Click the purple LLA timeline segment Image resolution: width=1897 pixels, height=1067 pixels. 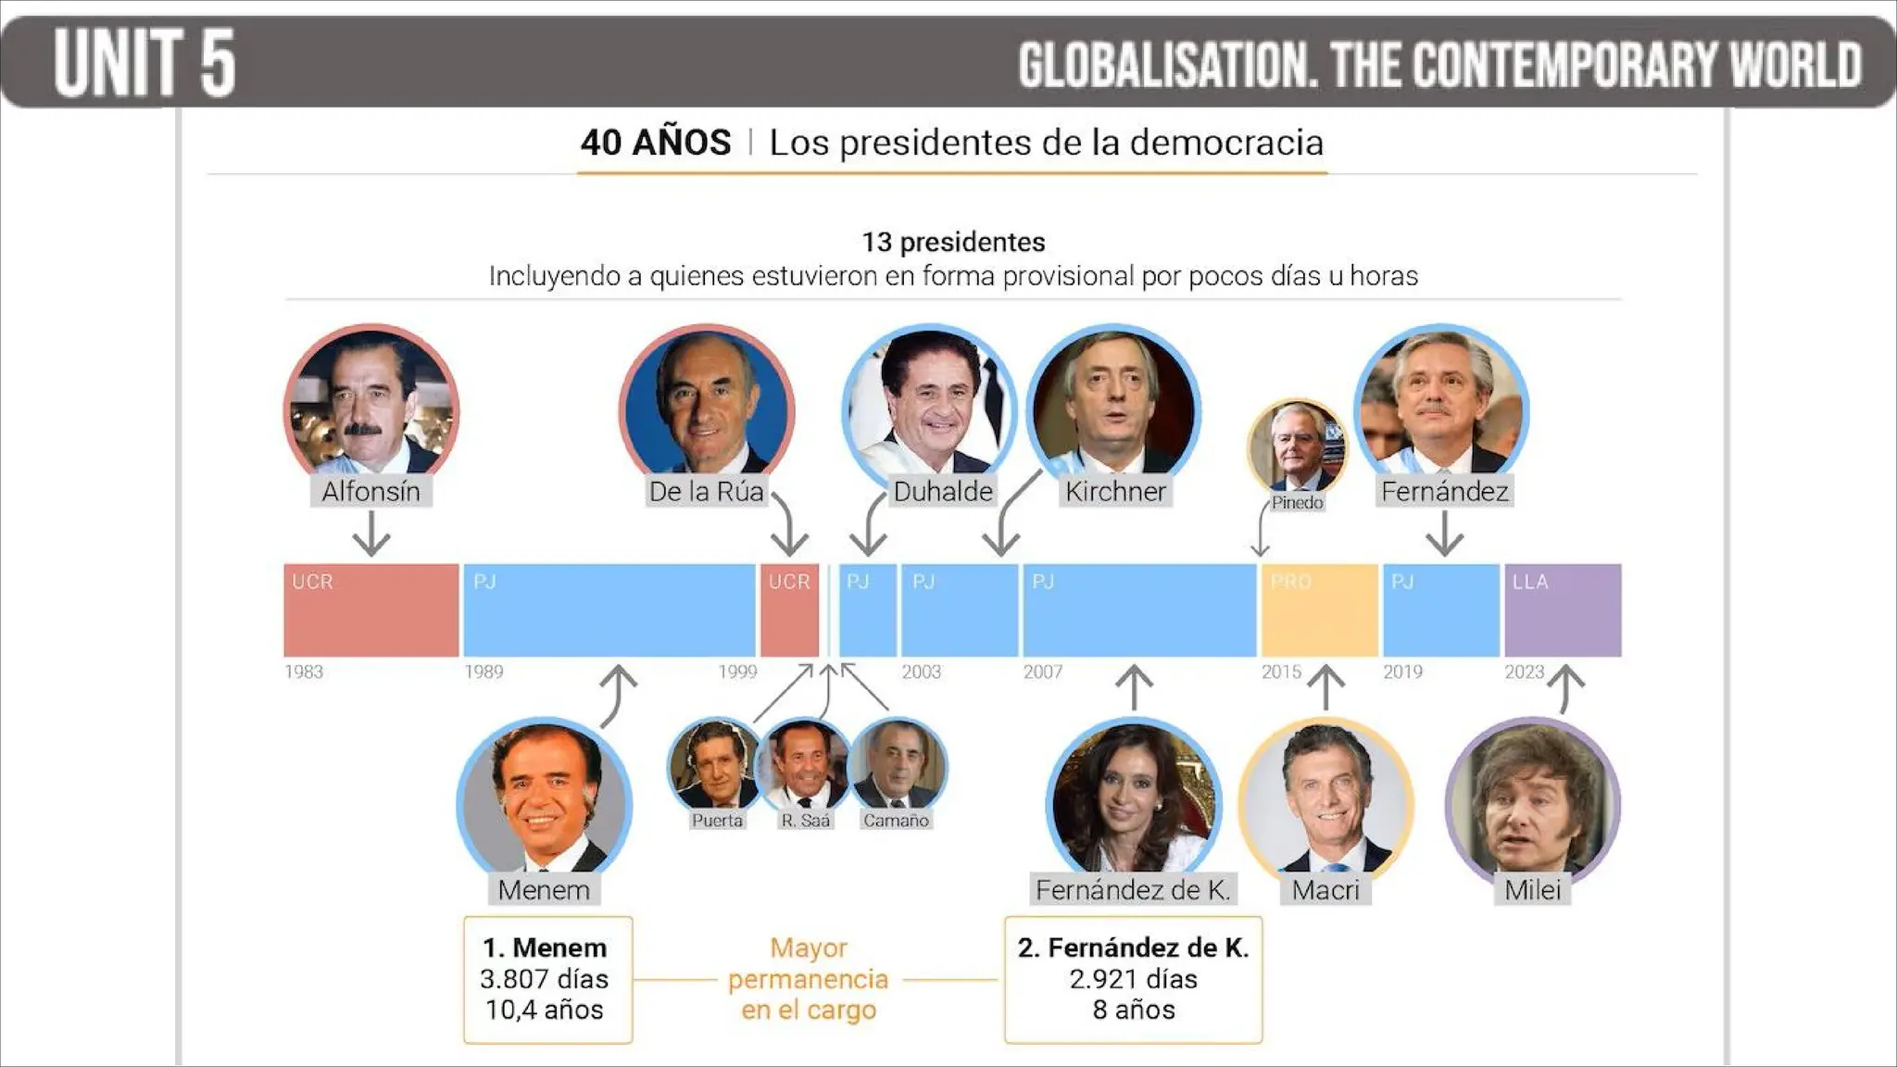(x=1563, y=610)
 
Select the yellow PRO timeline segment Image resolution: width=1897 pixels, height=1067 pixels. (x=1319, y=610)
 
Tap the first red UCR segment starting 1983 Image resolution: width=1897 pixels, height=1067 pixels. (x=371, y=610)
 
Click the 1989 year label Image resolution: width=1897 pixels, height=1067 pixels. (x=484, y=672)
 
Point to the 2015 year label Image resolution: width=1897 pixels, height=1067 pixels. (x=1281, y=672)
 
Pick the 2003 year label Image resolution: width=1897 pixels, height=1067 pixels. (x=921, y=672)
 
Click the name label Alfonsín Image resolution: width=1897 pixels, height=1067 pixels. (x=371, y=491)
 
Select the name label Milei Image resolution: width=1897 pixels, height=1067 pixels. (x=1532, y=890)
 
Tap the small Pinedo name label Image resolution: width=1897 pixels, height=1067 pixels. (x=1297, y=503)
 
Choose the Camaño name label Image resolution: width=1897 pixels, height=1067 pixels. (x=896, y=821)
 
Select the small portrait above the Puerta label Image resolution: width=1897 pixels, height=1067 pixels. (x=714, y=765)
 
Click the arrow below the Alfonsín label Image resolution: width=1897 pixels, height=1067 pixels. (x=371, y=535)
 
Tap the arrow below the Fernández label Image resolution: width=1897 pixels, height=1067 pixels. (x=1444, y=535)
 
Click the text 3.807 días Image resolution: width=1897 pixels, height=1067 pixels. (x=545, y=979)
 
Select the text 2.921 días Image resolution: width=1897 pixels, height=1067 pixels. (x=1133, y=979)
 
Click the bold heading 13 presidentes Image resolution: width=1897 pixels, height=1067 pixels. (x=953, y=243)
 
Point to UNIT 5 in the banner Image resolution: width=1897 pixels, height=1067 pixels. (x=144, y=63)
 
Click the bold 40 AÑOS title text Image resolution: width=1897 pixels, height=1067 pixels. (x=656, y=143)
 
